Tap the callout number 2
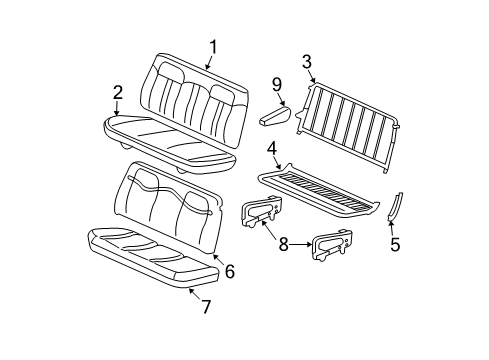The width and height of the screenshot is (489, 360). [118, 93]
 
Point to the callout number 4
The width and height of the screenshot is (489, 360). [272, 150]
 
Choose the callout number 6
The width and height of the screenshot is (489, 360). [229, 271]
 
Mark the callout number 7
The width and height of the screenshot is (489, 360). [206, 306]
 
